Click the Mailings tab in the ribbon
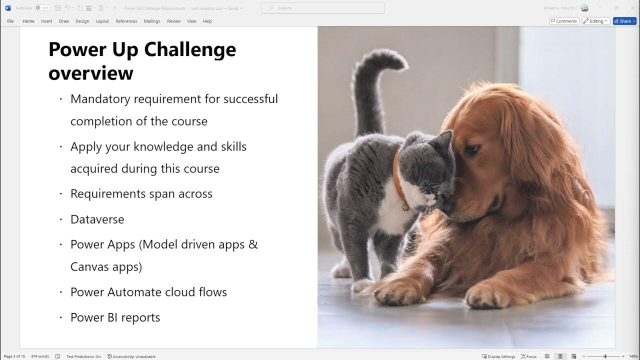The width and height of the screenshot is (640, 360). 152,21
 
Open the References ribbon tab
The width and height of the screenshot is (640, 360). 126,21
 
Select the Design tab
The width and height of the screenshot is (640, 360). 82,21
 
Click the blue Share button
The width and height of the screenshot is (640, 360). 624,21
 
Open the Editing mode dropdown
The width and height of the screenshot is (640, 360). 596,21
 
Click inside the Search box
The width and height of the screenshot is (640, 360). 323,8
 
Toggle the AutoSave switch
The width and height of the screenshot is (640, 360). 42,8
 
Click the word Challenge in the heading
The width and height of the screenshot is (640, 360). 190,49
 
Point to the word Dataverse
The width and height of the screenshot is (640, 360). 97,219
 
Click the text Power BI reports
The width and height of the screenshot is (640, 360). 115,317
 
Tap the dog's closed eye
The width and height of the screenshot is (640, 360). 472,148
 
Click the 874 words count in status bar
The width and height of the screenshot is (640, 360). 40,356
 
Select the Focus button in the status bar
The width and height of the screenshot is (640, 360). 528,356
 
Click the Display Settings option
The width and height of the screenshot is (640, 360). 498,356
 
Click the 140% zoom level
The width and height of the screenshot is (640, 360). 633,356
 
